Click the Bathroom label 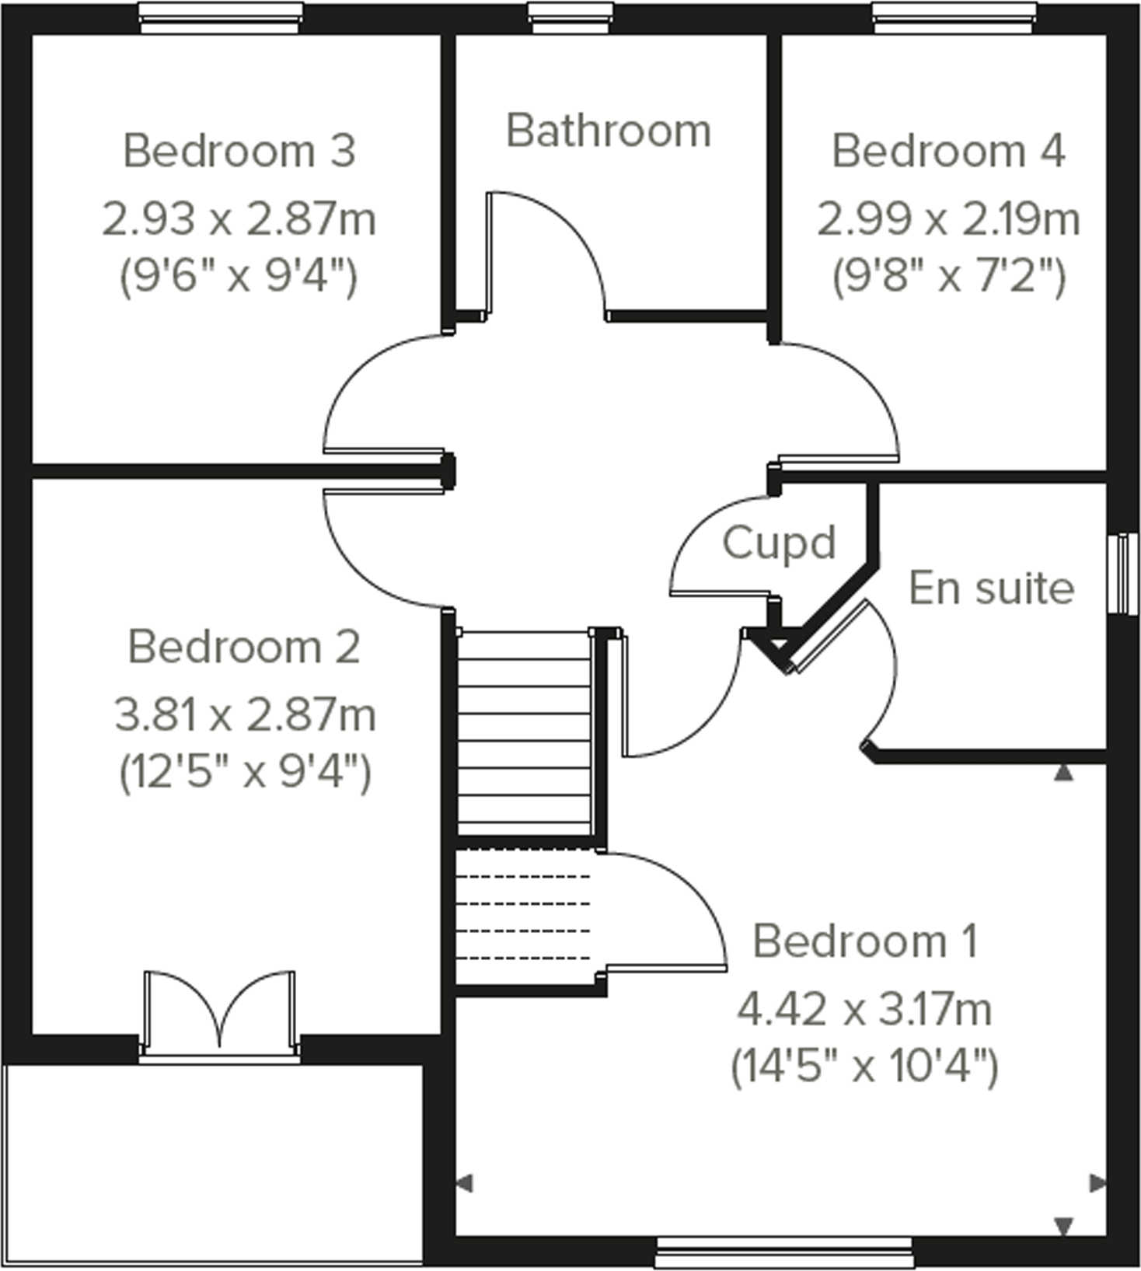tap(608, 131)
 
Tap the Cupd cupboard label tap(779, 543)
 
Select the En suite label tap(991, 588)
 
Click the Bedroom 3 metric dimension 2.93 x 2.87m tap(239, 219)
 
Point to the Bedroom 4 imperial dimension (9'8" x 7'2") tap(948, 275)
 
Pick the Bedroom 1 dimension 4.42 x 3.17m tap(864, 1010)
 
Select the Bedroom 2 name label tap(244, 647)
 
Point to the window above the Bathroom tap(571, 17)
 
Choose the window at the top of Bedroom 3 tap(221, 17)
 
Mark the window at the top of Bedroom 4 tap(954, 17)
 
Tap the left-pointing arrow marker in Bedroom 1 tap(464, 1184)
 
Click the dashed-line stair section tap(523, 917)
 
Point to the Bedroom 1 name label tap(864, 941)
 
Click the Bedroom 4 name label tap(948, 151)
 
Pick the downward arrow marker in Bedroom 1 tap(1063, 1226)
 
